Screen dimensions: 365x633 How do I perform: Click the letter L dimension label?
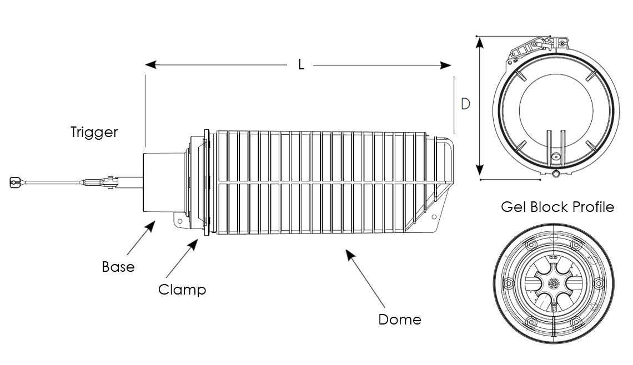pos(302,64)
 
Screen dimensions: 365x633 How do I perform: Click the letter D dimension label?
pos(465,104)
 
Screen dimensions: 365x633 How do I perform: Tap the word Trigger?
pos(94,133)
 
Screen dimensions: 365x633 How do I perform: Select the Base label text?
pos(118,267)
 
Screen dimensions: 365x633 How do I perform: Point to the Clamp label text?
pos(182,290)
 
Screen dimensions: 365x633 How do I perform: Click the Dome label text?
pos(400,320)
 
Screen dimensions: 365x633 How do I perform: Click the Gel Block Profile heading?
pos(557,207)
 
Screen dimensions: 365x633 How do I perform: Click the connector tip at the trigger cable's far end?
pos(16,181)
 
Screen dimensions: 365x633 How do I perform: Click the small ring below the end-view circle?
pos(556,175)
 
